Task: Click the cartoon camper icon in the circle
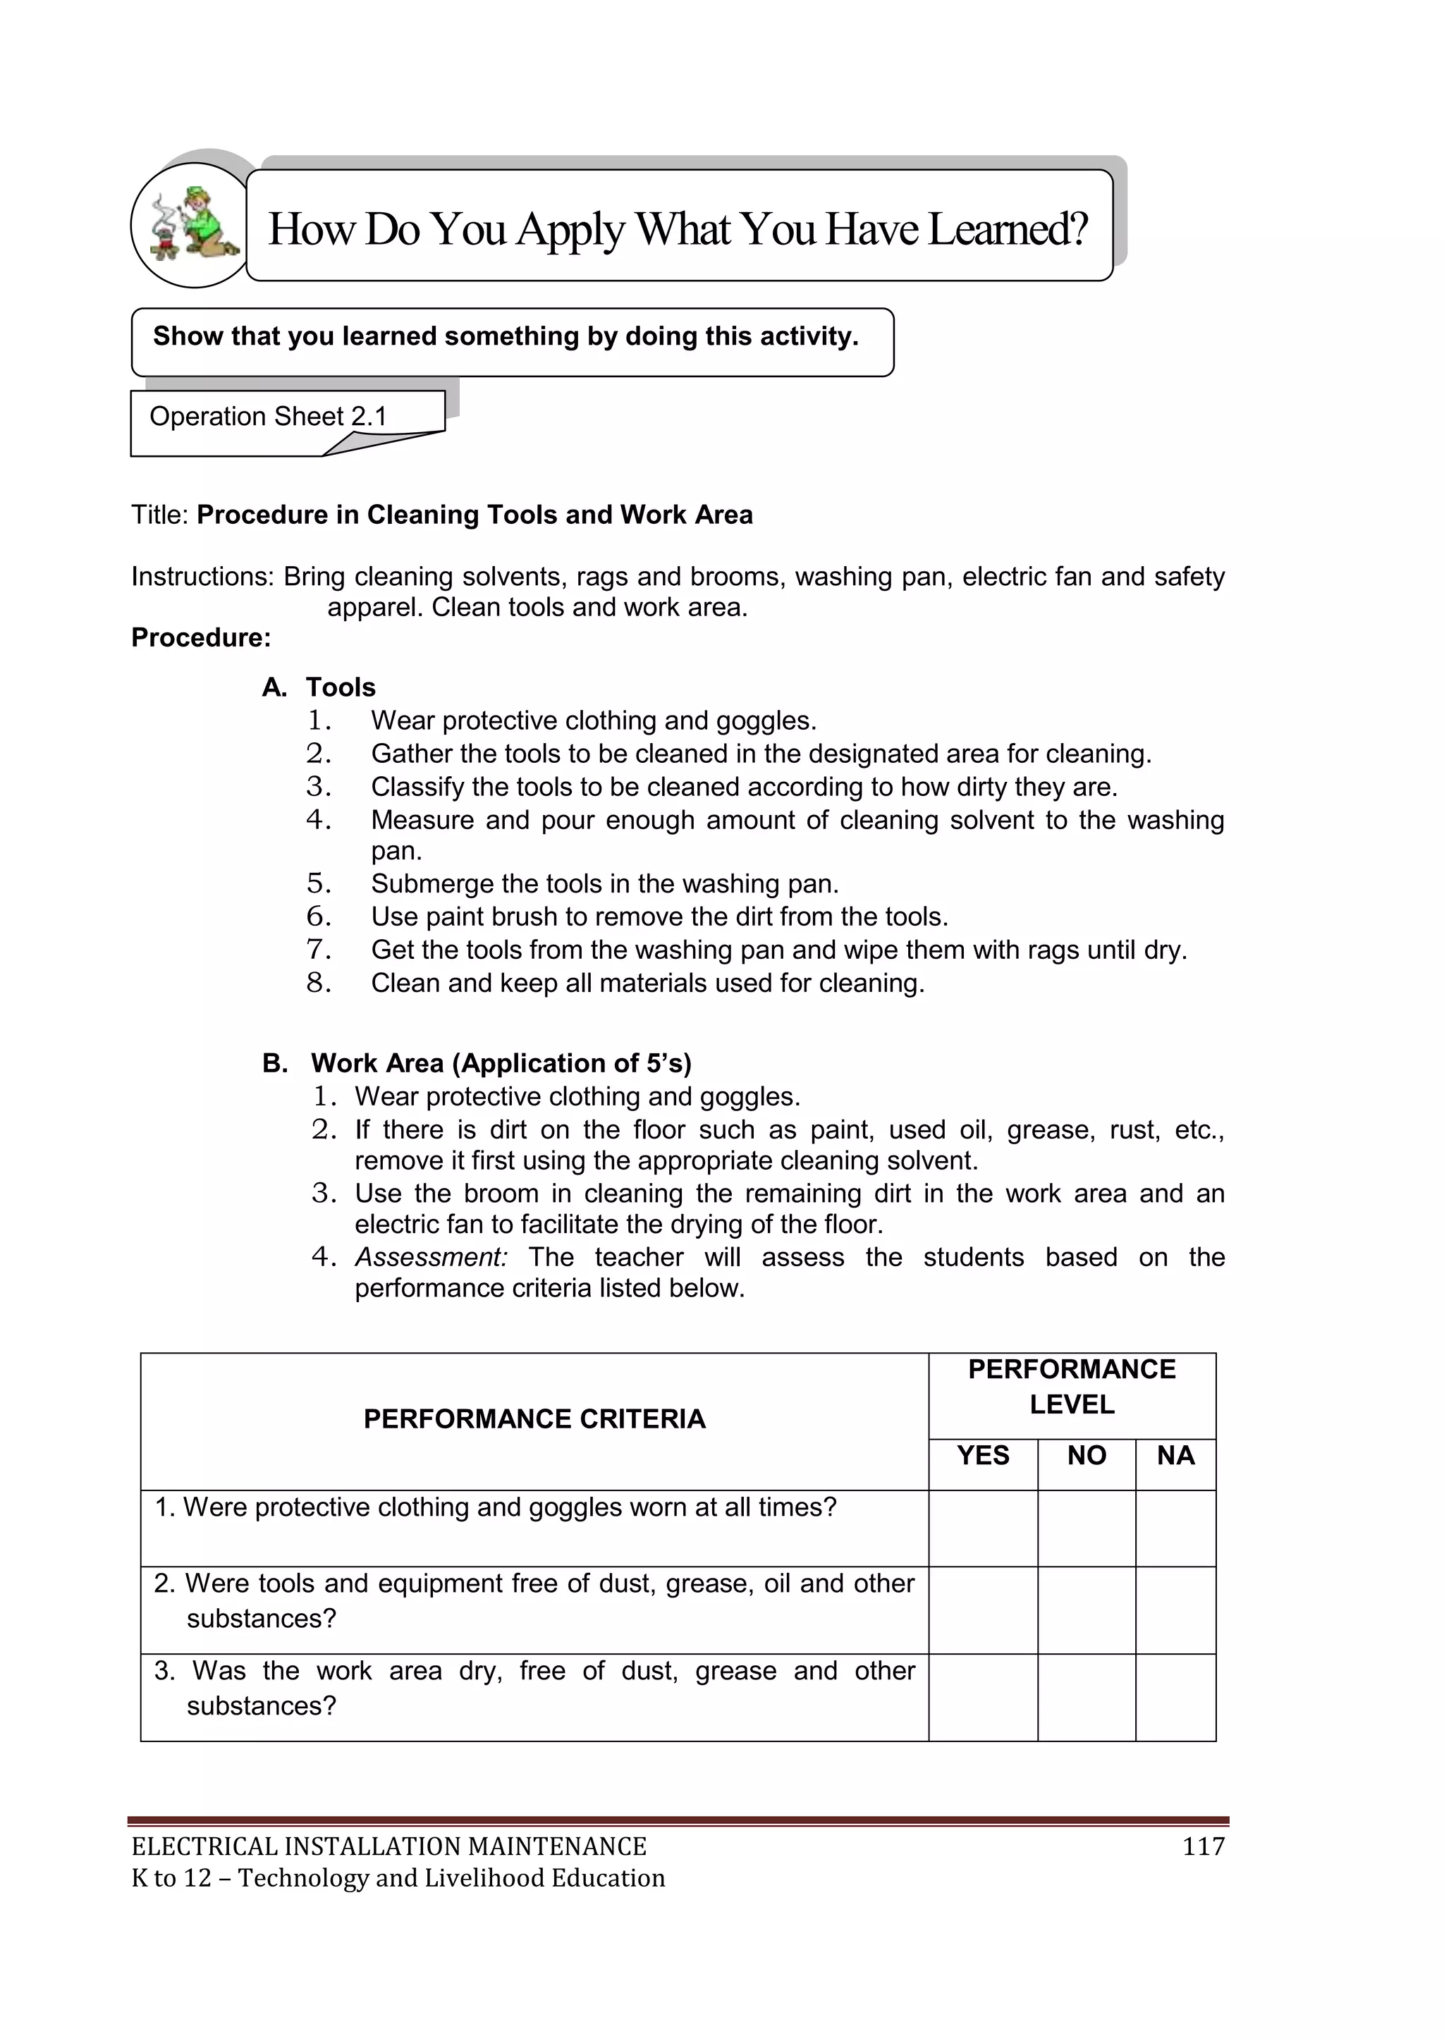194,225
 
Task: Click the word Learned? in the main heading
1008,229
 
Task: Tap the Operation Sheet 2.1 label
268,417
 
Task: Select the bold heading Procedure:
201,637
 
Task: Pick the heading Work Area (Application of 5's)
501,1063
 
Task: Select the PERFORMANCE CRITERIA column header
534,1418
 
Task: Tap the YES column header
982,1455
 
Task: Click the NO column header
1087,1455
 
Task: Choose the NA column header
1175,1455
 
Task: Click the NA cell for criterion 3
1175,1697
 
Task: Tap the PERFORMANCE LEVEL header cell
1072,1387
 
